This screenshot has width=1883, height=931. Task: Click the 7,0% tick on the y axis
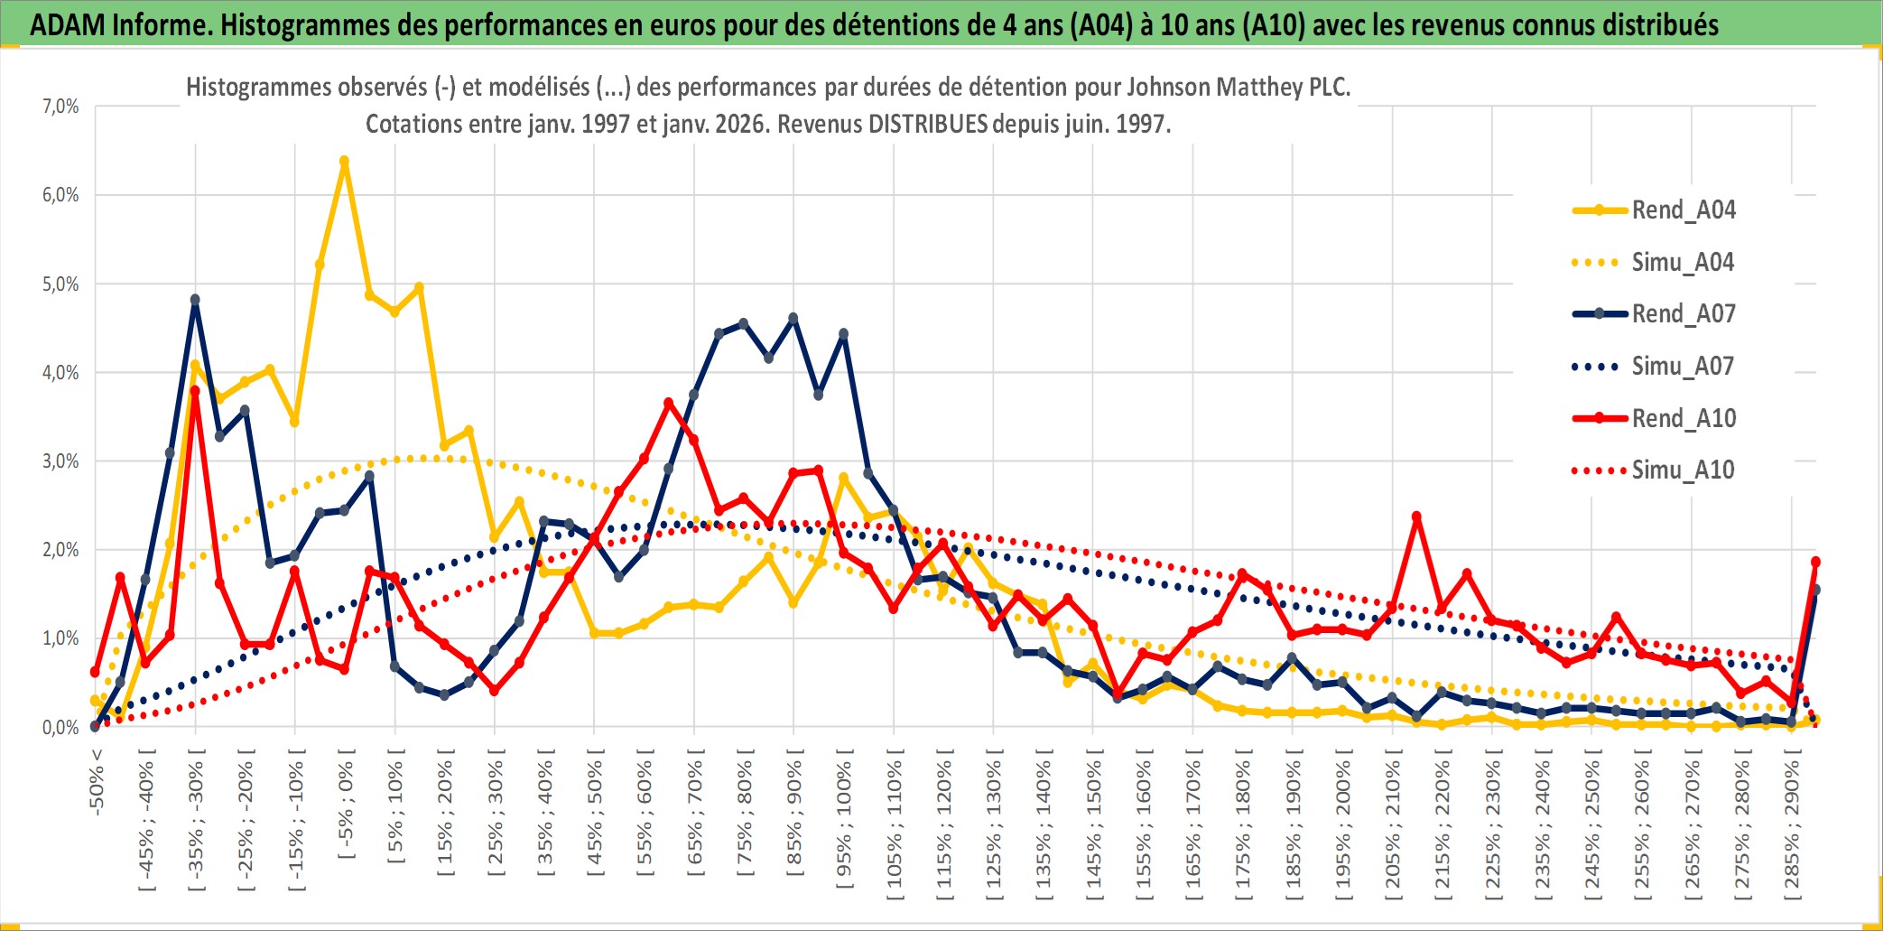60,107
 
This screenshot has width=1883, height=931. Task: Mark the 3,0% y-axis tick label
60,461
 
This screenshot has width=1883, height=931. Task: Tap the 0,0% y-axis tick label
60,728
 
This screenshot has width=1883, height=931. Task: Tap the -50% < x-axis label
97,782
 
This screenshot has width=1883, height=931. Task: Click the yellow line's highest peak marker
344,161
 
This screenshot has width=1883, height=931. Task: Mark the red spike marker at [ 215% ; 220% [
1416,517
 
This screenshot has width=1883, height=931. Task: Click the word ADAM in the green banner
67,24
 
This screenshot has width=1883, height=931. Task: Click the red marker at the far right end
1815,562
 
